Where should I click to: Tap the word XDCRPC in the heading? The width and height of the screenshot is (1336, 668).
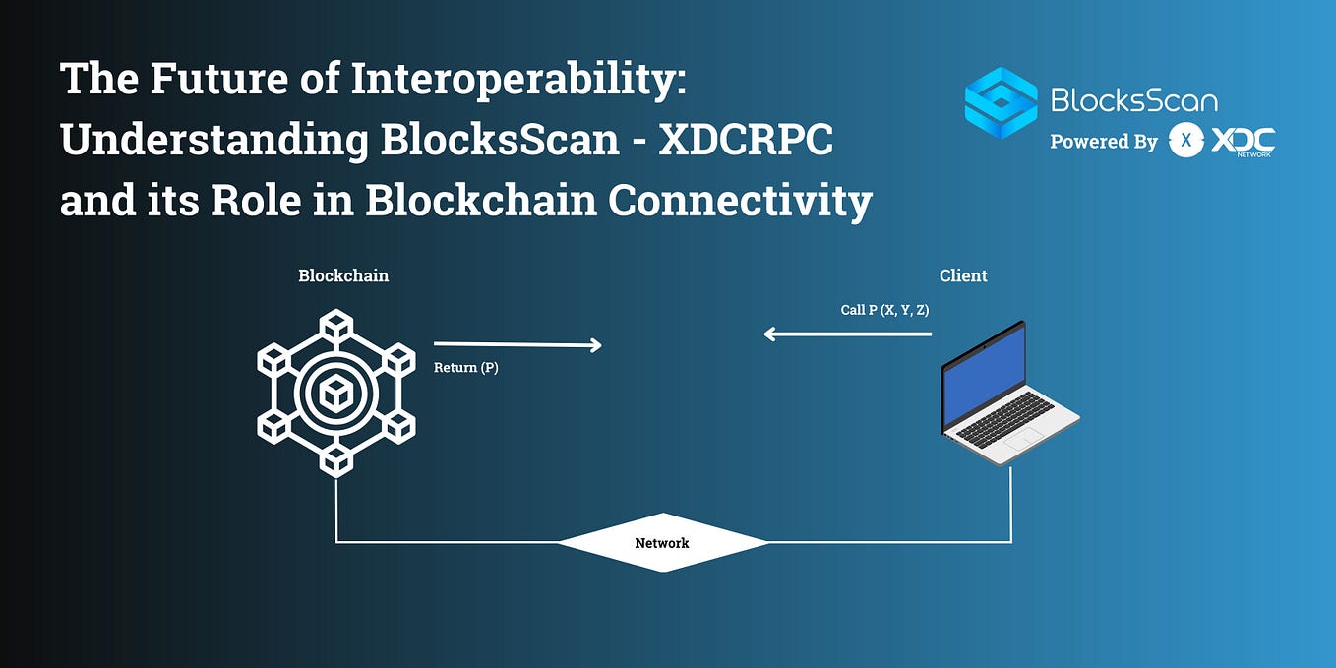(746, 140)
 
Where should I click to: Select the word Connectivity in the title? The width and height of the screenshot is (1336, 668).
(740, 201)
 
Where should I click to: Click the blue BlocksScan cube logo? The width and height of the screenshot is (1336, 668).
(1001, 102)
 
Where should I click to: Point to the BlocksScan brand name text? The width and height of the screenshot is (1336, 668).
(1133, 99)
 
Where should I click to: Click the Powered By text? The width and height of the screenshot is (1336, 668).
(1103, 142)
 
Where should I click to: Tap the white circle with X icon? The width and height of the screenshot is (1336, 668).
(1186, 141)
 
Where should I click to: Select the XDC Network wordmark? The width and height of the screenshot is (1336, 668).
(1243, 142)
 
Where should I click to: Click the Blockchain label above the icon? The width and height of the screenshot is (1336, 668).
(343, 275)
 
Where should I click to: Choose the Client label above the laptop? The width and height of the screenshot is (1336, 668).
(963, 275)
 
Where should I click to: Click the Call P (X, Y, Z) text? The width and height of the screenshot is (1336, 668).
(884, 310)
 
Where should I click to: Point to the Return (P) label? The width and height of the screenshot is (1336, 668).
(465, 368)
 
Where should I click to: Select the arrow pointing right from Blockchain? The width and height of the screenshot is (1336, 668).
(516, 344)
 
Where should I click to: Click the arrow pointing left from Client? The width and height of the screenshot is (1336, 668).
(847, 334)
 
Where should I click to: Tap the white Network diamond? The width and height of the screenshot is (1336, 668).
(662, 542)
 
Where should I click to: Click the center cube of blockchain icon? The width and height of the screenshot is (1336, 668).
(336, 395)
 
